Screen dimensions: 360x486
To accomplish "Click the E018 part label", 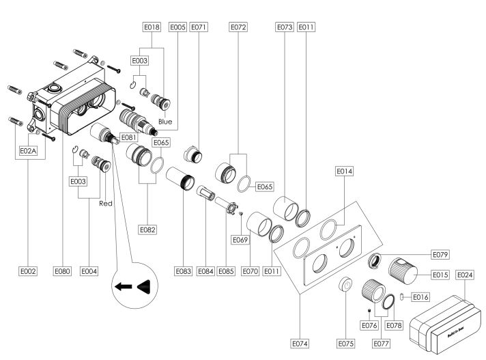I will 152,27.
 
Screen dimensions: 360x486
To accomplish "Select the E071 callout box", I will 199,27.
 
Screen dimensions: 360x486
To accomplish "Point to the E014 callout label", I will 345,172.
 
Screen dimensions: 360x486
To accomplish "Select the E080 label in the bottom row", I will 63,271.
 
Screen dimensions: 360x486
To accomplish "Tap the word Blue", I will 165,122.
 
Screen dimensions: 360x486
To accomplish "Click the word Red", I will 106,203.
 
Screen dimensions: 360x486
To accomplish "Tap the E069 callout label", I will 240,240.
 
